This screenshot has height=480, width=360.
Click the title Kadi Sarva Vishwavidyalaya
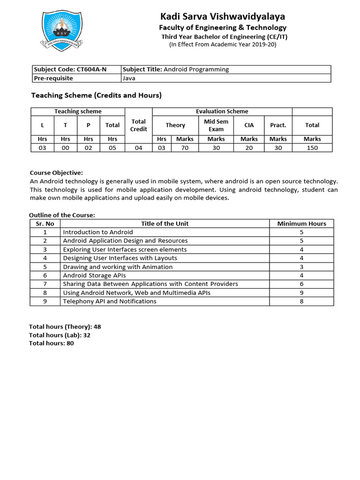click(x=223, y=17)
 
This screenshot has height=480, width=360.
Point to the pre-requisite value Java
click(x=129, y=78)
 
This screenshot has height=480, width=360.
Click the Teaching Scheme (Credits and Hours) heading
click(x=96, y=96)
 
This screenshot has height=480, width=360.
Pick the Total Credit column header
click(x=139, y=125)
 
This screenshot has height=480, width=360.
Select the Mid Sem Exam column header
click(x=216, y=125)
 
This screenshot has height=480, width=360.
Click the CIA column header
click(x=249, y=125)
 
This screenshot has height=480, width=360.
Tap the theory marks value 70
click(x=185, y=148)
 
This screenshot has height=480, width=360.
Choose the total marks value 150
click(x=312, y=148)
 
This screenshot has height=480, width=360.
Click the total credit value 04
click(x=139, y=148)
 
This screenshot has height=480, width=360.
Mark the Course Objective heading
click(x=56, y=173)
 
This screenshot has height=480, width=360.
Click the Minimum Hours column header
click(x=301, y=224)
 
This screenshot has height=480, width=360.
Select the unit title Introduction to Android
click(x=98, y=232)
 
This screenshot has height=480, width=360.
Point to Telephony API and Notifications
click(x=110, y=301)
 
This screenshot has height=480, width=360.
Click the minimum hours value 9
click(x=301, y=292)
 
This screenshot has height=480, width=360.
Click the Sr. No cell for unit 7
click(x=45, y=284)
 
